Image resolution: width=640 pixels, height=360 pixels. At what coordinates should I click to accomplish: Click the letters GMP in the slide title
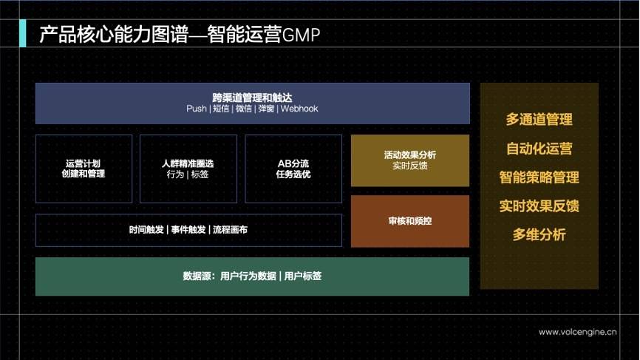[x=302, y=35]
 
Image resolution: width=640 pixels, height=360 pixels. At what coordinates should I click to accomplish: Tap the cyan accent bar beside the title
[x=22, y=33]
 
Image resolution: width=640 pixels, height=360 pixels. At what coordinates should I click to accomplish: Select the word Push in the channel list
[x=197, y=109]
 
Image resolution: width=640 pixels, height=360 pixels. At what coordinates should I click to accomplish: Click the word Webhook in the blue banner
[x=299, y=109]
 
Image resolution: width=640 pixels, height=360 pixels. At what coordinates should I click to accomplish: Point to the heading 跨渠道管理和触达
[x=252, y=98]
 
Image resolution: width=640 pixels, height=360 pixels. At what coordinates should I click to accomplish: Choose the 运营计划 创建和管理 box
[x=84, y=169]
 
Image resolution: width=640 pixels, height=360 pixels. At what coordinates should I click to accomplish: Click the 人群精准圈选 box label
[x=188, y=163]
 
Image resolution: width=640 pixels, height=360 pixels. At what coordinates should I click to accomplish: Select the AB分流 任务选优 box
[x=293, y=169]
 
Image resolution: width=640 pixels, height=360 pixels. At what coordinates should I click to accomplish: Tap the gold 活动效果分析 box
[x=410, y=160]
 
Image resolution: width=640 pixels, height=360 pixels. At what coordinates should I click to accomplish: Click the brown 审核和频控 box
[x=410, y=221]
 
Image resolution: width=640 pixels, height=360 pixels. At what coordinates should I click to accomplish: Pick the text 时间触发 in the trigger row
[x=146, y=230]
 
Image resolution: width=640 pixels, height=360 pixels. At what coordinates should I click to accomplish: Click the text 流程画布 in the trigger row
[x=230, y=230]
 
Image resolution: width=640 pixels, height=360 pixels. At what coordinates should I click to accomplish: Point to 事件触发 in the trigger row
[x=188, y=230]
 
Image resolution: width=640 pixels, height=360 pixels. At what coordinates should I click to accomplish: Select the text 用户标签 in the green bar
[x=303, y=276]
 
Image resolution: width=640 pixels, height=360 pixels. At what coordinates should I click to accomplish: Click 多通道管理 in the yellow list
[x=539, y=120]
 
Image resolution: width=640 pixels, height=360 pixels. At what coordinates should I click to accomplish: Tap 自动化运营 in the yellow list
[x=539, y=149]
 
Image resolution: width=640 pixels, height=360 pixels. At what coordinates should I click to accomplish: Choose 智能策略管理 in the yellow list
[x=539, y=177]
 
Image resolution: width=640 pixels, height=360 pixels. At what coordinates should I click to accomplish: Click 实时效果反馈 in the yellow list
[x=539, y=206]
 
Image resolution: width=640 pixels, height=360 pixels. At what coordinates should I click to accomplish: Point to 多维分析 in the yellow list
[x=539, y=234]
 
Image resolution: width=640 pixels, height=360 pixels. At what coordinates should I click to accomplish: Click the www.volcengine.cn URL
[x=577, y=332]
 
